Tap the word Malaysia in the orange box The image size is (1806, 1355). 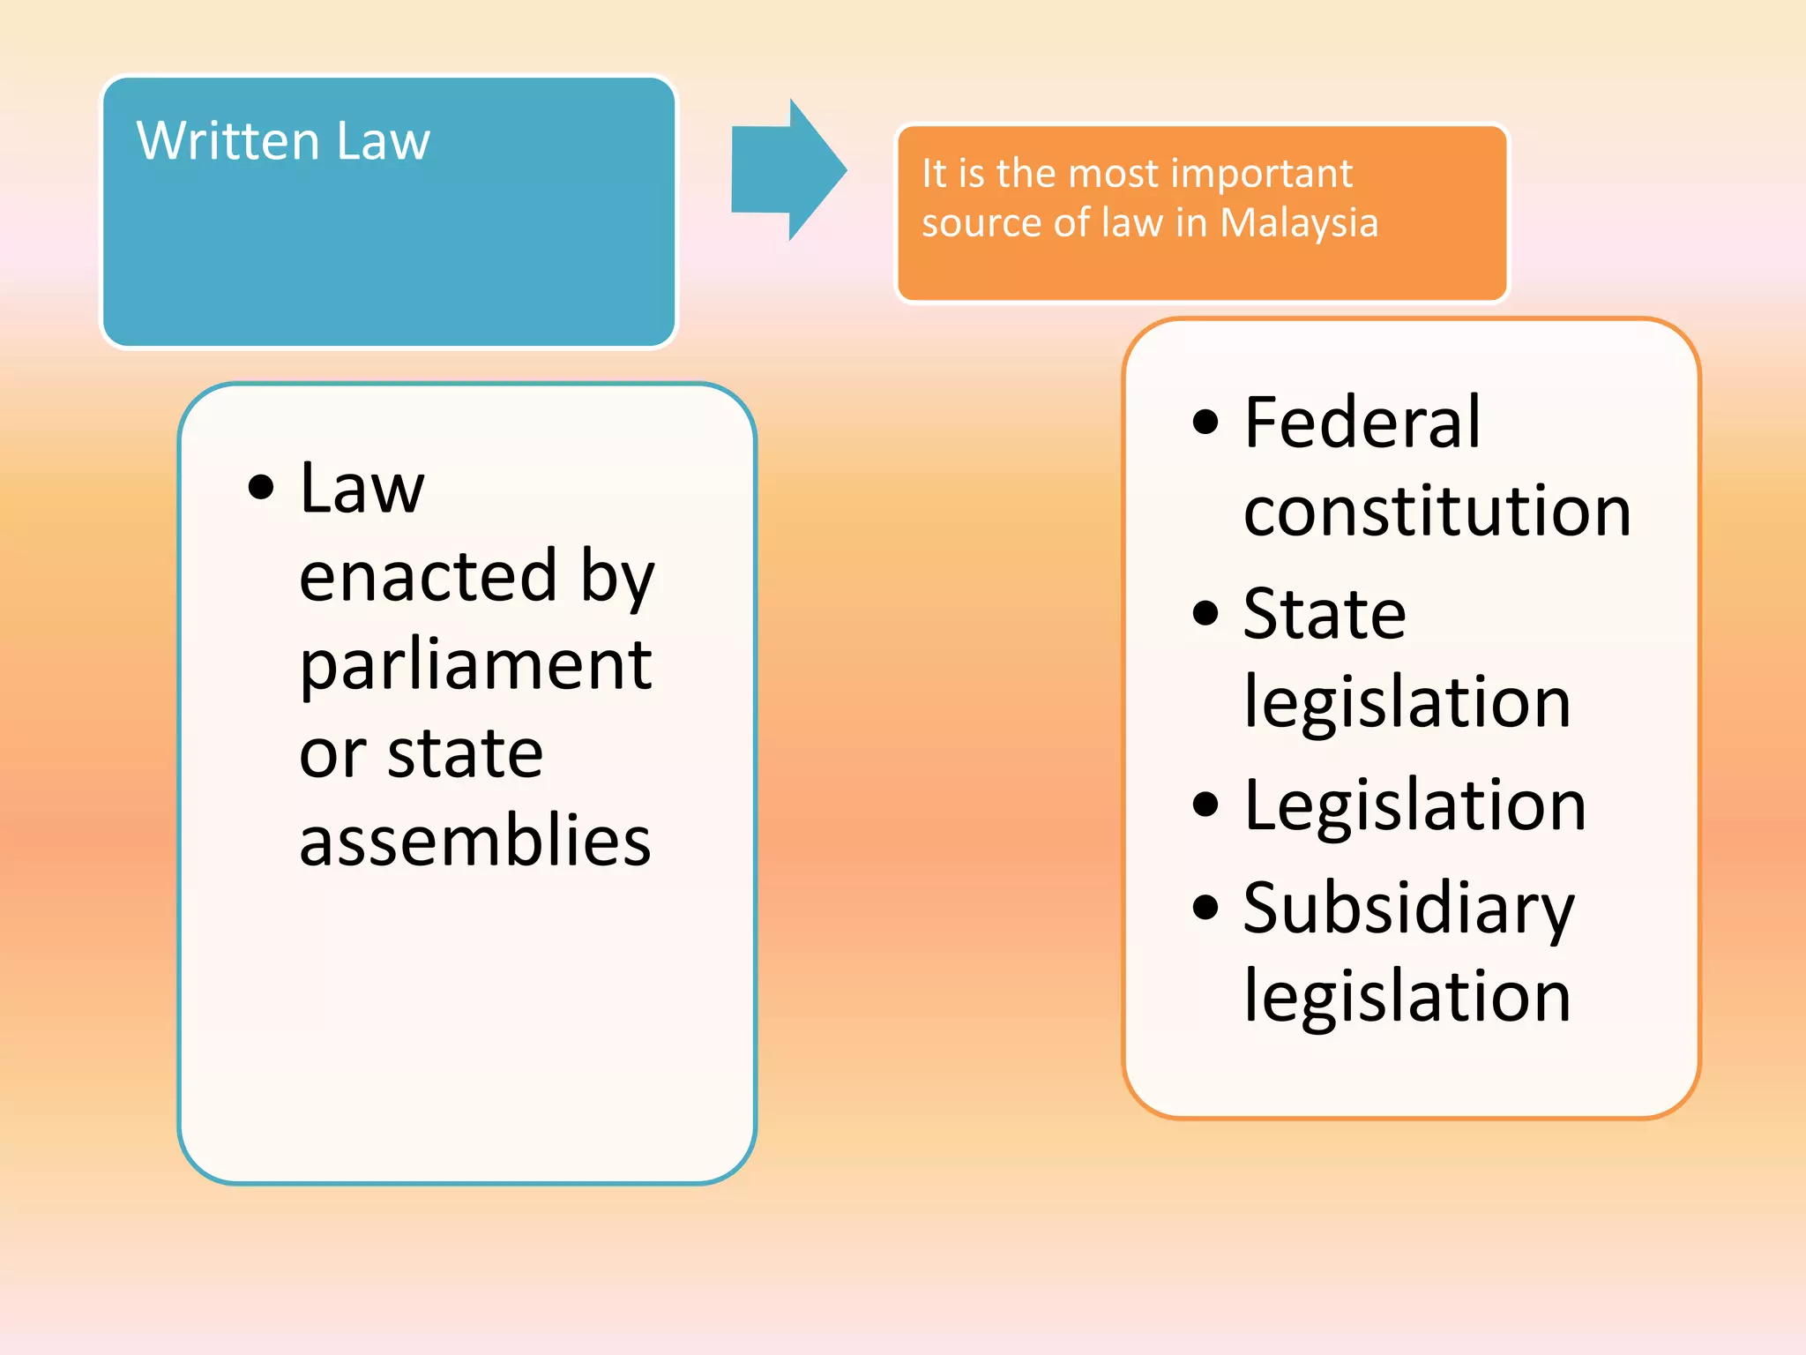point(1298,223)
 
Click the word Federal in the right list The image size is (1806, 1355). point(1362,423)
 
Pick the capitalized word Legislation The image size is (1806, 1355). point(1414,805)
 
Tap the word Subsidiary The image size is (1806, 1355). point(1407,909)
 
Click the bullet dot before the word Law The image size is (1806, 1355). point(260,487)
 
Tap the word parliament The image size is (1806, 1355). point(475,666)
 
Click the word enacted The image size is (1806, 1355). point(428,576)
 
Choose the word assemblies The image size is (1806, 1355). point(474,841)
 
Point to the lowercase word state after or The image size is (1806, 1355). point(465,753)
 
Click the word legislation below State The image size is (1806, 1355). point(1407,703)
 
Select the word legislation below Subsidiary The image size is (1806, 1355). point(1407,997)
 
